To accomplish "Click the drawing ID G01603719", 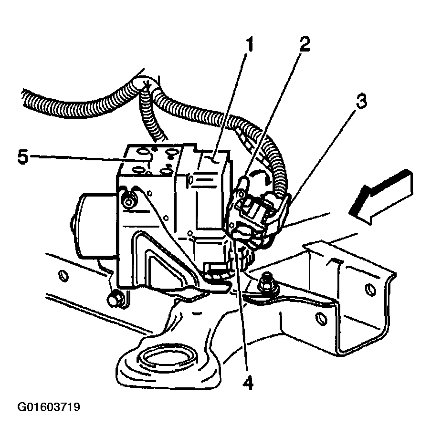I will point(49,408).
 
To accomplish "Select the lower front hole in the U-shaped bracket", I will point(318,317).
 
